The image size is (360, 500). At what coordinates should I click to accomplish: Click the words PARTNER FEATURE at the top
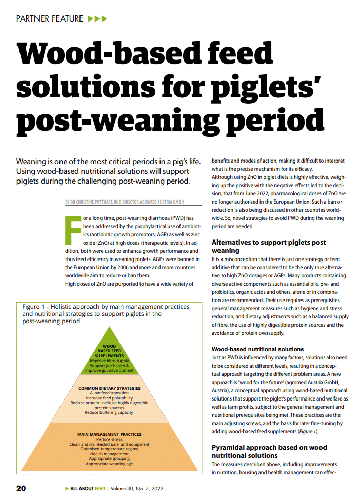50,19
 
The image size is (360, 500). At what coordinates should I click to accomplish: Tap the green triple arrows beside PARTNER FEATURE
97,19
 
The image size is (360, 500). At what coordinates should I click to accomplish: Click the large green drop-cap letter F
73,229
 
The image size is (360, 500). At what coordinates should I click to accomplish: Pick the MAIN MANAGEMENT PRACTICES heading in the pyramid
109,434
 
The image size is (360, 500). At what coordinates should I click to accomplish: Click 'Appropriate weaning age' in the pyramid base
109,464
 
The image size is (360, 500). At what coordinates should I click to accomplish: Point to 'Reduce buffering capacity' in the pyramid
109,412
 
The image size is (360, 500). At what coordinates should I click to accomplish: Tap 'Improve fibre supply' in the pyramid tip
109,361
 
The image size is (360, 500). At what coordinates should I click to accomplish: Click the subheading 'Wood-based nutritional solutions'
257,349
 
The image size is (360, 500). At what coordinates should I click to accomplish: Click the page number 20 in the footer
21,488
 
